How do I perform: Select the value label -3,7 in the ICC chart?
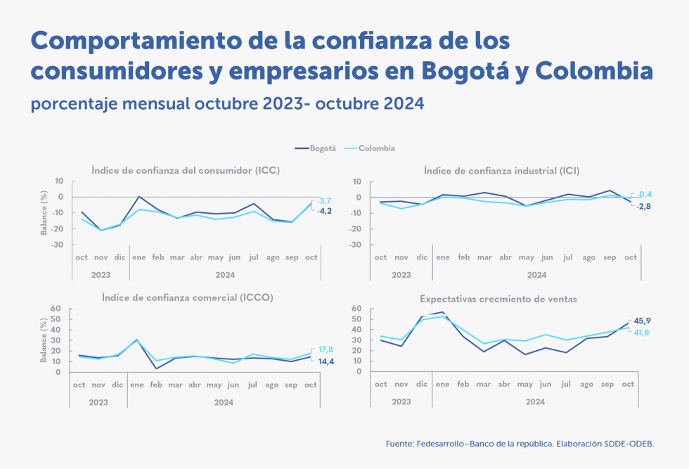323,201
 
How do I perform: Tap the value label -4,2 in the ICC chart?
323,211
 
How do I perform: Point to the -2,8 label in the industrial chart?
644,206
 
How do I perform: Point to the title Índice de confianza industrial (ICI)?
501,170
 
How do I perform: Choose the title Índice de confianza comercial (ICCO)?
187,297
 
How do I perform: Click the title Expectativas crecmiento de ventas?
498,299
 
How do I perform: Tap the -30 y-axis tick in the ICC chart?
60,245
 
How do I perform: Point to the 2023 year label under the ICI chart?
401,274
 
